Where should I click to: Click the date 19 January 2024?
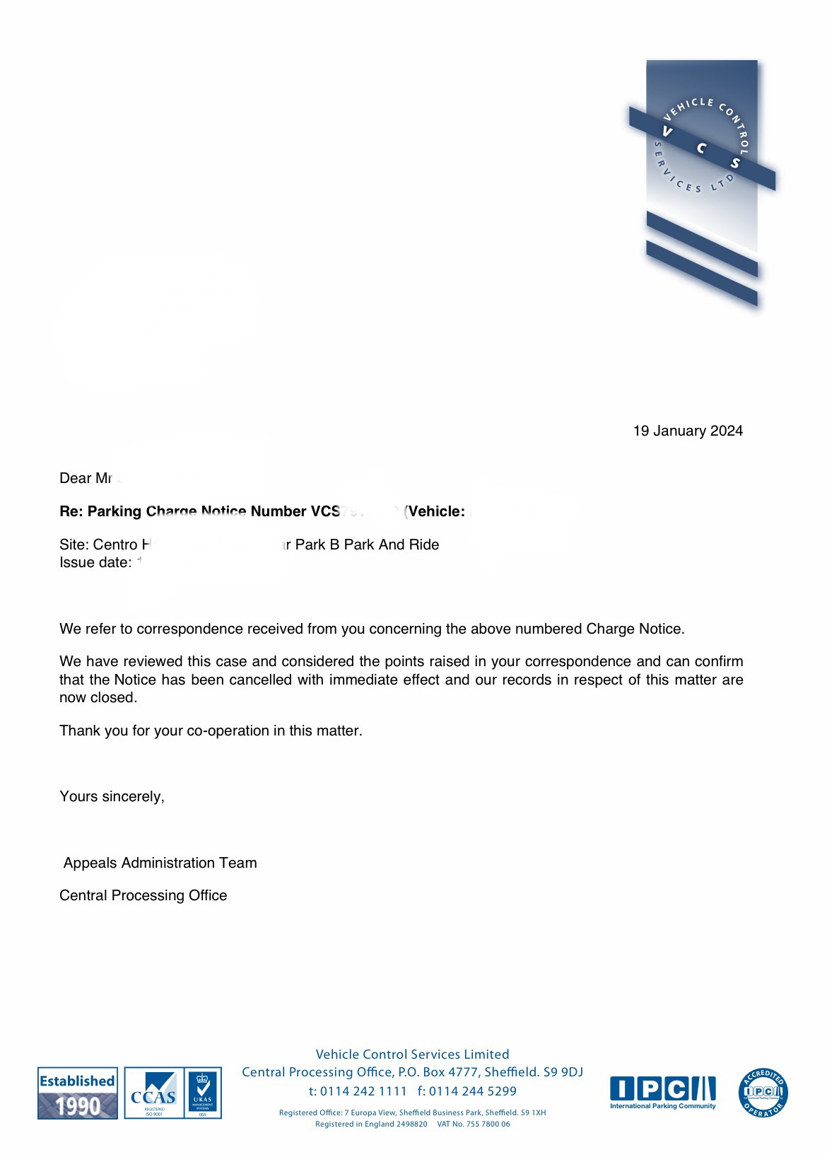pyautogui.click(x=688, y=431)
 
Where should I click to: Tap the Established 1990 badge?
pyautogui.click(x=78, y=1093)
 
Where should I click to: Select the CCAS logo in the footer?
pyautogui.click(x=153, y=1093)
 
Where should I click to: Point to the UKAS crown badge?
pyautogui.click(x=203, y=1093)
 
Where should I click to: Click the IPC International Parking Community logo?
pyautogui.click(x=663, y=1093)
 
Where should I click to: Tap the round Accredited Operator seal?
pyautogui.click(x=763, y=1093)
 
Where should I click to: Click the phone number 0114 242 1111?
pyautogui.click(x=363, y=1091)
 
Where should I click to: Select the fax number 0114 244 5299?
pyautogui.click(x=472, y=1091)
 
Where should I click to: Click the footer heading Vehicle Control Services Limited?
pyautogui.click(x=412, y=1054)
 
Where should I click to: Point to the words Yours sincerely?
pyautogui.click(x=112, y=797)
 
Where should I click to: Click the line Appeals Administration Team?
pyautogui.click(x=160, y=863)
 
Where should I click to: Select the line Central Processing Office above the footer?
pyautogui.click(x=143, y=895)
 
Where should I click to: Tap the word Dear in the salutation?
pyautogui.click(x=75, y=479)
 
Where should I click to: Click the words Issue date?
pyautogui.click(x=95, y=563)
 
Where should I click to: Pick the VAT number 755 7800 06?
pyautogui.click(x=487, y=1124)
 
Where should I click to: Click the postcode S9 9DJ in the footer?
pyautogui.click(x=563, y=1072)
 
